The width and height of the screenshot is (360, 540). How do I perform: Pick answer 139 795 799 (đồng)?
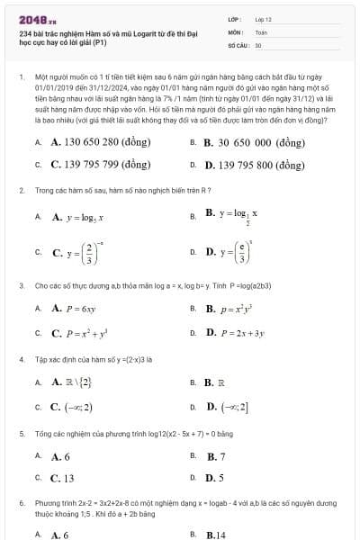point(100,165)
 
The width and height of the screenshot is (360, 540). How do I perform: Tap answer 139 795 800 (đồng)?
point(255,165)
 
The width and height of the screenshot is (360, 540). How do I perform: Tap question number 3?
point(21,285)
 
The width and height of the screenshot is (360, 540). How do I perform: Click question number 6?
point(21,500)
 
